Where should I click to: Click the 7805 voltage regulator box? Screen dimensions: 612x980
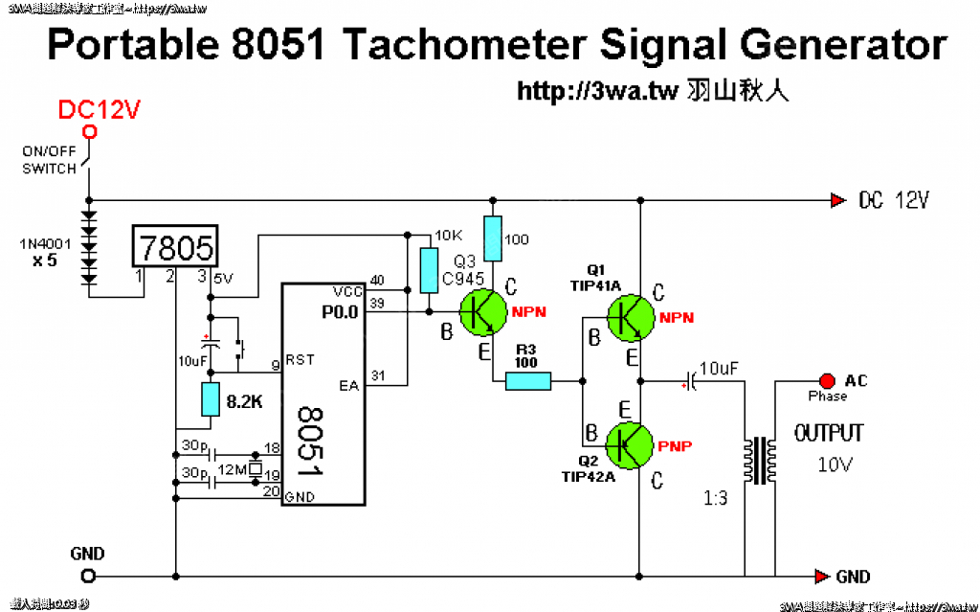(174, 248)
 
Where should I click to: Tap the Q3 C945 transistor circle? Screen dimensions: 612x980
(483, 312)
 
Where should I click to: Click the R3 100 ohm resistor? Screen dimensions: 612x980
(528, 382)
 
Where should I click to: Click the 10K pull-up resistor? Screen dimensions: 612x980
(428, 270)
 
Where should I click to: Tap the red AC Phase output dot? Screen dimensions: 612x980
(828, 381)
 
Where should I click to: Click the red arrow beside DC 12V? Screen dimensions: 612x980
(838, 200)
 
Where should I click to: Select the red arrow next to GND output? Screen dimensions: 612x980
(820, 577)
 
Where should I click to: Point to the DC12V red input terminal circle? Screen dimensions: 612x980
(89, 132)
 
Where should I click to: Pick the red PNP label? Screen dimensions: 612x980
(676, 446)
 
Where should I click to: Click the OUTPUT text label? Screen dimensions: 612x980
(829, 434)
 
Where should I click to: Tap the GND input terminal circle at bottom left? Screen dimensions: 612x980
(88, 576)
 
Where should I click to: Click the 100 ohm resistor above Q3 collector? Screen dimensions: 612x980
(493, 239)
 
